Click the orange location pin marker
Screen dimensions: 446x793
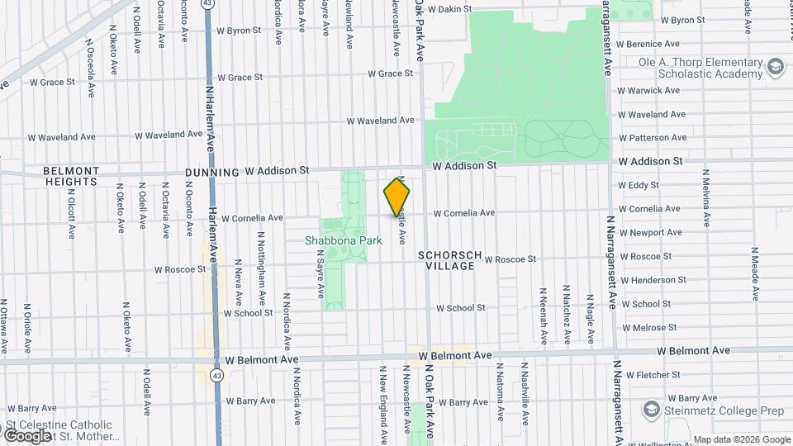(x=396, y=197)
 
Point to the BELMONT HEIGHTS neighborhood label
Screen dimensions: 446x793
(x=71, y=176)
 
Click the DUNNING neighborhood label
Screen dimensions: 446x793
(x=211, y=172)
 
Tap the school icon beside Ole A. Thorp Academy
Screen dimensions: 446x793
(x=775, y=66)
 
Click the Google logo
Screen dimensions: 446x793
(x=27, y=435)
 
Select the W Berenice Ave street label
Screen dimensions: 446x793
(x=653, y=44)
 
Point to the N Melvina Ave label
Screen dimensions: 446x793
(x=706, y=198)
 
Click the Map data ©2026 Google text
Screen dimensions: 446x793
(x=742, y=439)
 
